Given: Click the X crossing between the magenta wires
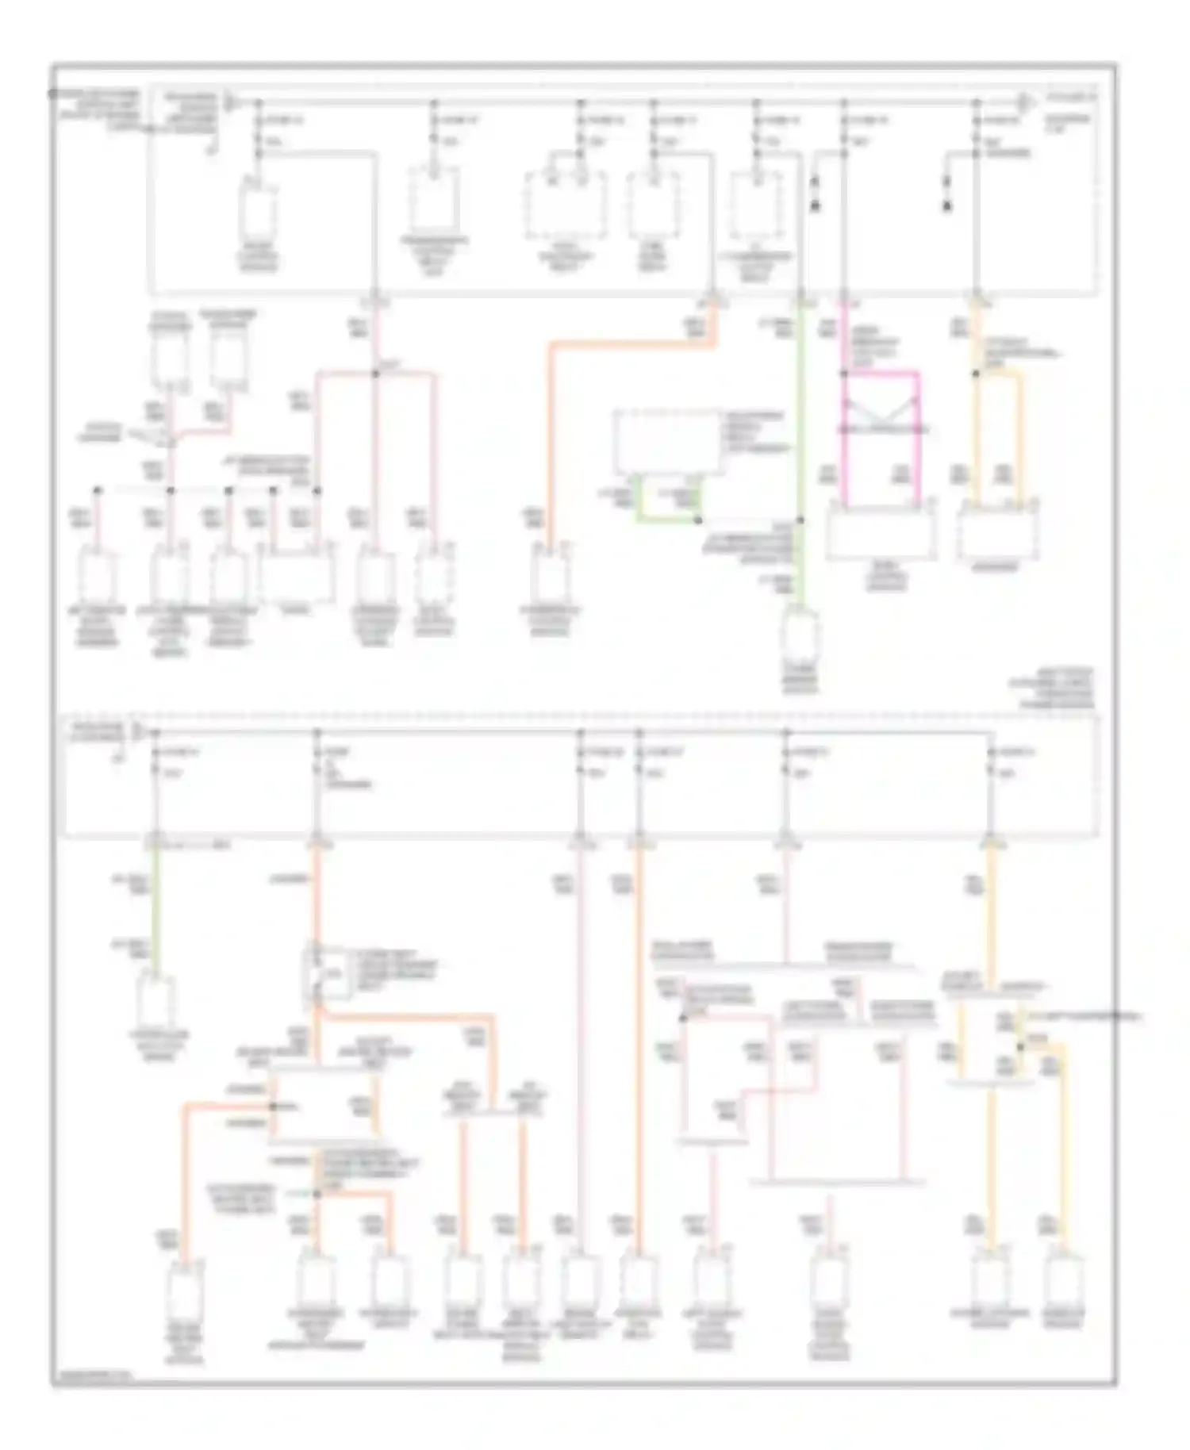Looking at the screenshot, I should tap(881, 412).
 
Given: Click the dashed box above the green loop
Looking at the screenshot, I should tap(669, 443).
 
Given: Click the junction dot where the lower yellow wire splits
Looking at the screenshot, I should tap(1021, 1047).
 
